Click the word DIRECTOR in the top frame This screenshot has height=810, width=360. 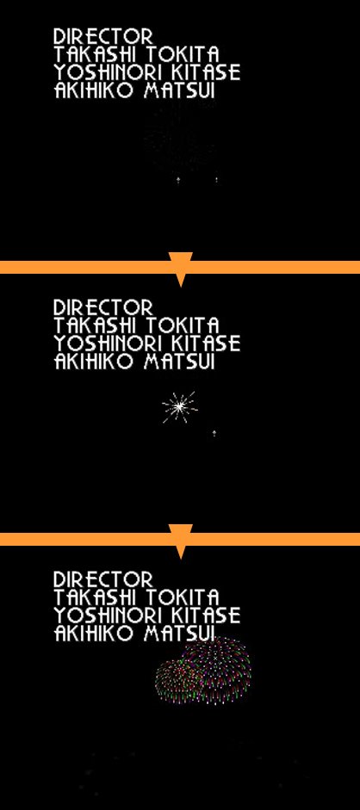tap(103, 36)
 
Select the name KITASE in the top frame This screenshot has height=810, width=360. tap(206, 72)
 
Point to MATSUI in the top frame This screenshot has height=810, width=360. tap(179, 90)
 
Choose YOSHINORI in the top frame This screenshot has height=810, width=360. tap(109, 72)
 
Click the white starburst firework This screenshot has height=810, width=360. tap(179, 407)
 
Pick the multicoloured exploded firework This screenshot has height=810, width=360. tap(203, 671)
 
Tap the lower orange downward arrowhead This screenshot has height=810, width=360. tap(181, 541)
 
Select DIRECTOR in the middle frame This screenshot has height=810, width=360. tap(103, 307)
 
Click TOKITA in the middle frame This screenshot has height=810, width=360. tap(183, 325)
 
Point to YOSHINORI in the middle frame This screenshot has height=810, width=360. tap(109, 343)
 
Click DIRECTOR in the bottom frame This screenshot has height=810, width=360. tap(103, 578)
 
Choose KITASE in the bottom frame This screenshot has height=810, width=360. tap(206, 615)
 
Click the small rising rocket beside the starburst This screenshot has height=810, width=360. tap(214, 433)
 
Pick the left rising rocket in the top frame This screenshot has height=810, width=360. tap(178, 180)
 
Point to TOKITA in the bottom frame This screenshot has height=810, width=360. tap(183, 597)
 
